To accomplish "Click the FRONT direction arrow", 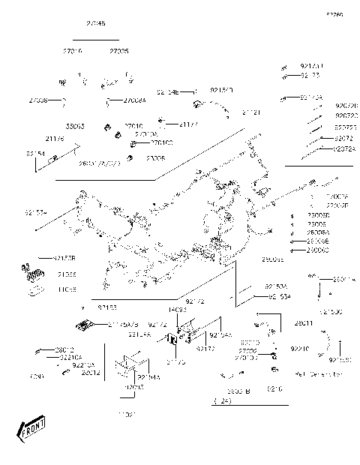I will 31,430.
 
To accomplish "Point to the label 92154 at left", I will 35,153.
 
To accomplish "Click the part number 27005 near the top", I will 118,51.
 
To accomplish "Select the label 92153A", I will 275,287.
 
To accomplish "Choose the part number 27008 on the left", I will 39,100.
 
